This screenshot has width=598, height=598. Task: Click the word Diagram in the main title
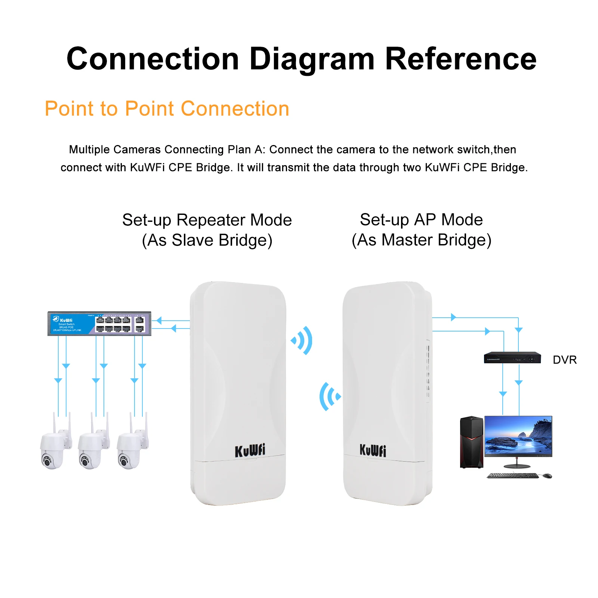click(x=312, y=59)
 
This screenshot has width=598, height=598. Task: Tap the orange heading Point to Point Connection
click(x=167, y=109)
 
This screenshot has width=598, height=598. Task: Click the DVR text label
click(x=564, y=360)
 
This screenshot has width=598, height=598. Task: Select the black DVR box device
click(x=512, y=358)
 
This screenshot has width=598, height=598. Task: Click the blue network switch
click(x=99, y=324)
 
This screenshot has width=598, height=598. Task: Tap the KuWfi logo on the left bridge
click(x=250, y=450)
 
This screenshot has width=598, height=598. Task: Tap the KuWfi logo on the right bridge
click(x=373, y=450)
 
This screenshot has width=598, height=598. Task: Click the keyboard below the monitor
click(x=512, y=476)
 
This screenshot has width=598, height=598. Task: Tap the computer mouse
click(x=547, y=476)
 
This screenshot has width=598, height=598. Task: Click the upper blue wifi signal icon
click(x=303, y=340)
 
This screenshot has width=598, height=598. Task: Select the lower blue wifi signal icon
click(x=329, y=397)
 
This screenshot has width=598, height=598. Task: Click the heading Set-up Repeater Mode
click(x=207, y=220)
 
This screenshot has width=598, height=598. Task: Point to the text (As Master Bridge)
click(x=421, y=240)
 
